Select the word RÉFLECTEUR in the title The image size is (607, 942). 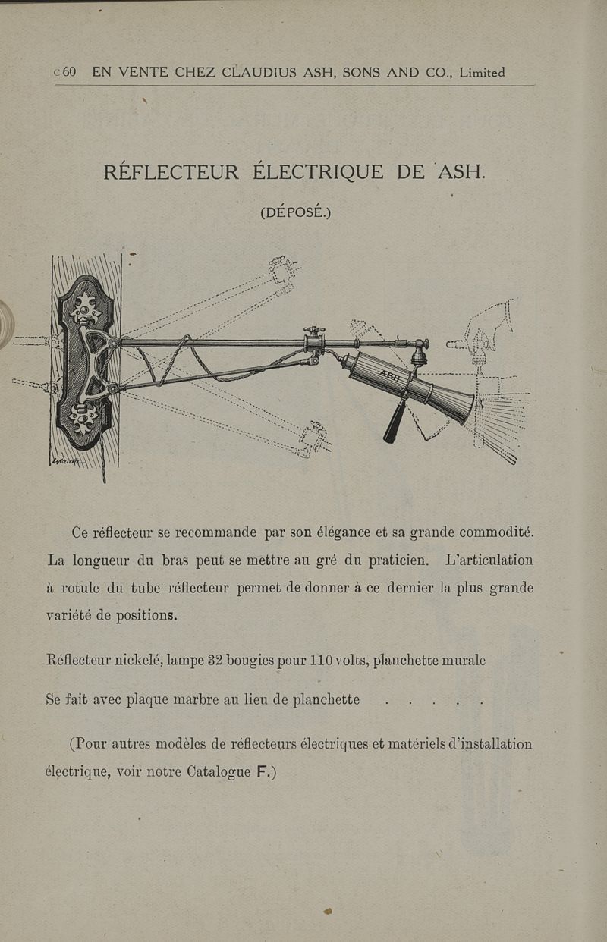click(171, 171)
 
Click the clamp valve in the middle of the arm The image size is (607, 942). click(314, 341)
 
